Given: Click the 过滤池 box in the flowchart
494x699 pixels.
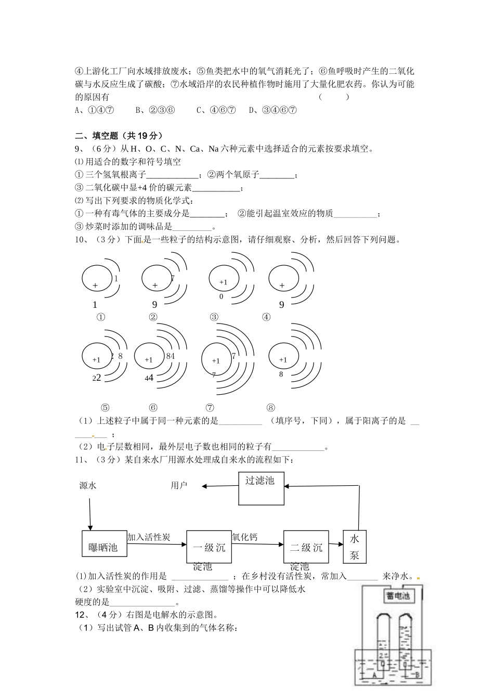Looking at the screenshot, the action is click(x=261, y=487).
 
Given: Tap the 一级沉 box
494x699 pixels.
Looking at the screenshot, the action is click(x=209, y=547).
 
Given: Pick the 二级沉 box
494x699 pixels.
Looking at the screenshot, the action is click(x=306, y=547).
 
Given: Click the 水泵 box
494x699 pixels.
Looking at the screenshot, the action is click(x=355, y=546).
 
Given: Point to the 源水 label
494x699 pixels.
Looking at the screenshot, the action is click(x=88, y=485).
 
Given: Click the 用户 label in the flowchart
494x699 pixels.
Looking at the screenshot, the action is click(x=179, y=485).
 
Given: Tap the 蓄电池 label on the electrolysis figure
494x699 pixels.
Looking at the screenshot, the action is click(x=398, y=596).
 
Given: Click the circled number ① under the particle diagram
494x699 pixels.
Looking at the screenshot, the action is click(x=100, y=317).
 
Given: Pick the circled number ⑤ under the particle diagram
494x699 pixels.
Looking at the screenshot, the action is click(x=105, y=408).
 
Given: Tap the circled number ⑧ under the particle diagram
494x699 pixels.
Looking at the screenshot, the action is click(x=270, y=408).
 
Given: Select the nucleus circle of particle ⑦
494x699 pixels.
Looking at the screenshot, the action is click(x=217, y=360).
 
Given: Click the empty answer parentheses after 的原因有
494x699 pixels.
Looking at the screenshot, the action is click(x=333, y=97).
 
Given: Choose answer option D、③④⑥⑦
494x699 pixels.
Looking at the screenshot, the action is click(x=272, y=110).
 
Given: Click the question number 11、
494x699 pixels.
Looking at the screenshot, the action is click(x=82, y=460).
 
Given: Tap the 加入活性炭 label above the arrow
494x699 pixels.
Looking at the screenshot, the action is click(x=149, y=537).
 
